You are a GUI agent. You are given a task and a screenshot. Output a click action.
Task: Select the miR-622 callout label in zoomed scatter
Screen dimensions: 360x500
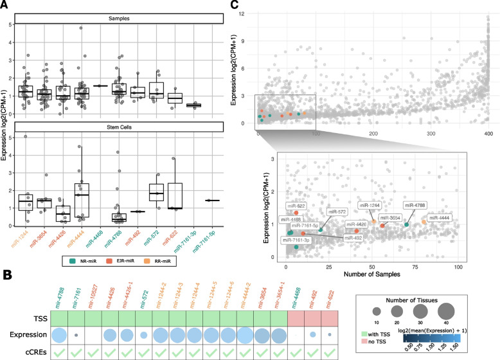300,206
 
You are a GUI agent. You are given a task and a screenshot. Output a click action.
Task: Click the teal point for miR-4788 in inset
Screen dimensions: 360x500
406,224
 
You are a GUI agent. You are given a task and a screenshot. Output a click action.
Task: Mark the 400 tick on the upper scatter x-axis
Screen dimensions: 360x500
488,134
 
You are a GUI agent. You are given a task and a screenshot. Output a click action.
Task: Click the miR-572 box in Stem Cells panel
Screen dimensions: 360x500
155,192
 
